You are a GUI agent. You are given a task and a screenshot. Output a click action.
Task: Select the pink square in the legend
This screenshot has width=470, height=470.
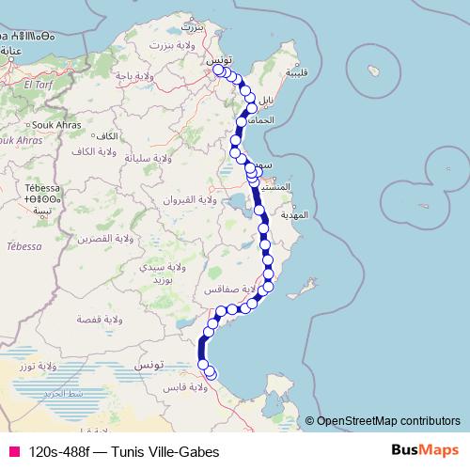pos(14,450)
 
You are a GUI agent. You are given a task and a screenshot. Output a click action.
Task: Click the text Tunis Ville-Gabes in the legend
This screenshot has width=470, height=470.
pos(164,450)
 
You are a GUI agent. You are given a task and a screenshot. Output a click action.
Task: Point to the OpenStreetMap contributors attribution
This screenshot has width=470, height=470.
pos(389,421)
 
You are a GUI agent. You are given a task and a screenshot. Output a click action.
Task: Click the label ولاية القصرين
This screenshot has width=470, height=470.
pos(114,239)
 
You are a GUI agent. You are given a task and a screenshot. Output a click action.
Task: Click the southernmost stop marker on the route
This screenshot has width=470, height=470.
pos(210,374)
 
